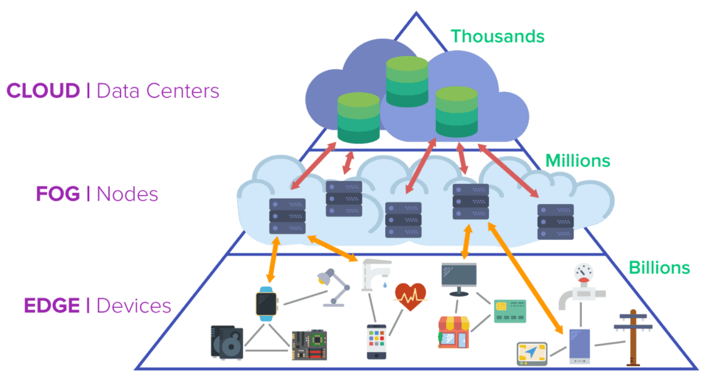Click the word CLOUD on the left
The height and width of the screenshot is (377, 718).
(x=43, y=91)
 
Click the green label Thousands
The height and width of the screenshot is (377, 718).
(x=497, y=35)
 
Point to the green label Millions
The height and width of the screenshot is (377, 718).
(x=577, y=160)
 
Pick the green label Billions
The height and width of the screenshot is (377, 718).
(x=659, y=267)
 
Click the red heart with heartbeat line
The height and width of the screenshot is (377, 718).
(x=410, y=296)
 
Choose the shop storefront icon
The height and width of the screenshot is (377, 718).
(x=454, y=331)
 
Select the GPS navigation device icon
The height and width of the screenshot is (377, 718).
(x=533, y=353)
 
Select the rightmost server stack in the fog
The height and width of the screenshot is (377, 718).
(x=555, y=222)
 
